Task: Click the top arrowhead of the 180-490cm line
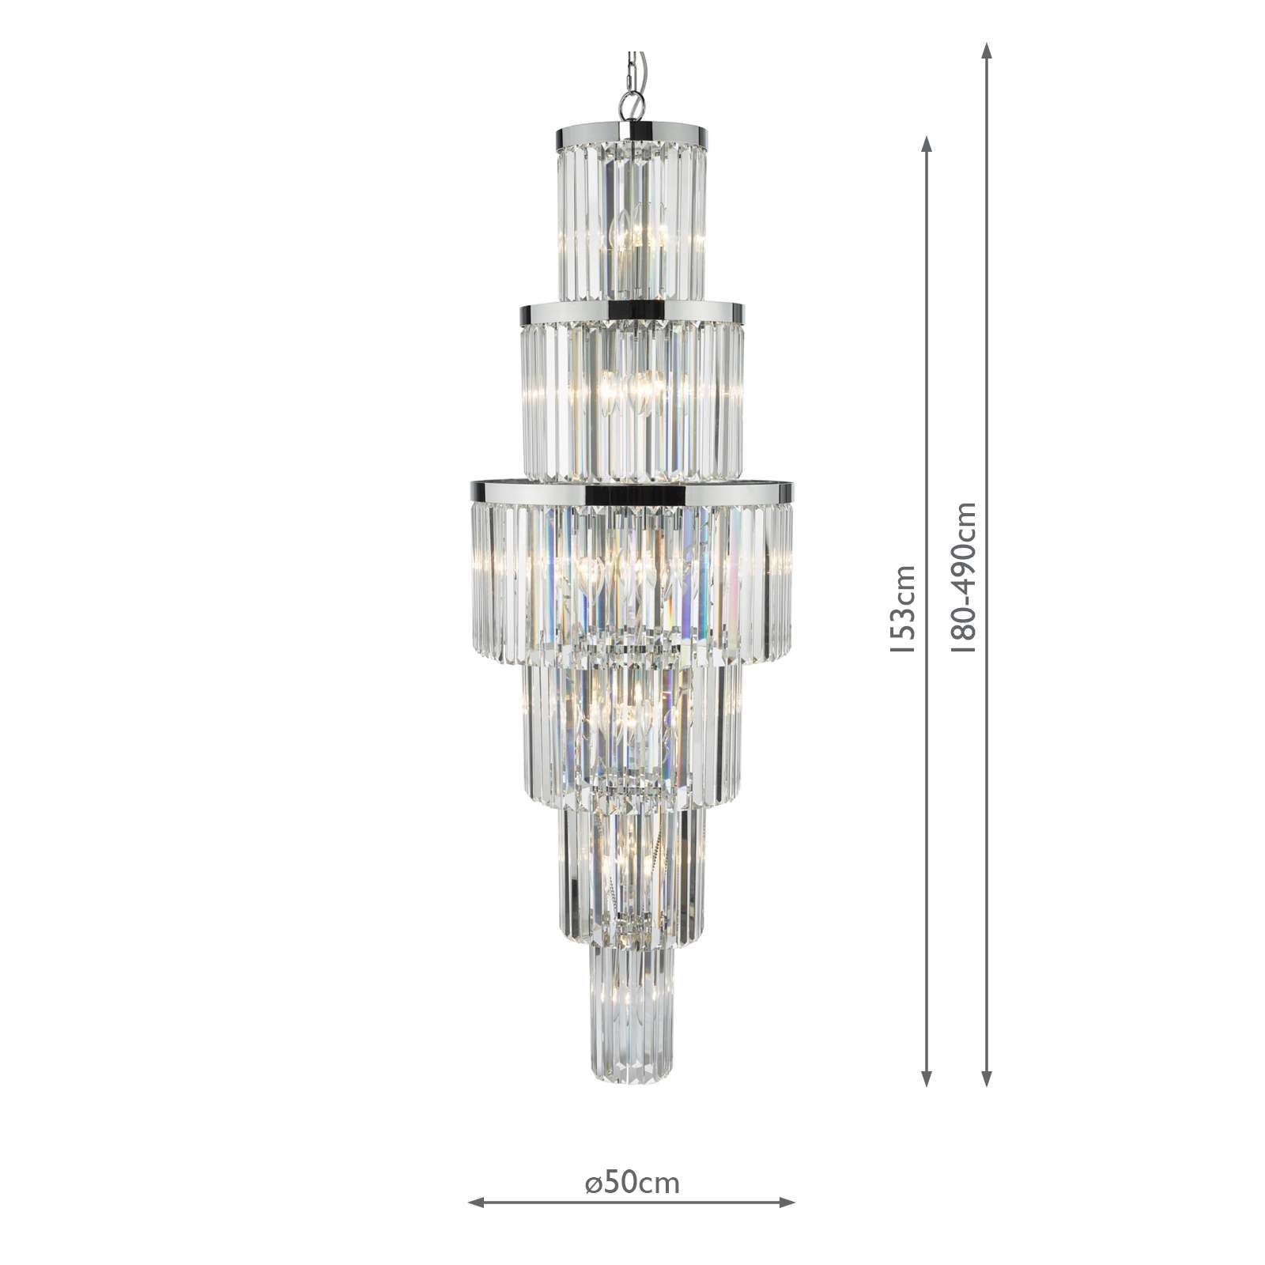pos(987,53)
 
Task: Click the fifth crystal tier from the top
pos(631,870)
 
